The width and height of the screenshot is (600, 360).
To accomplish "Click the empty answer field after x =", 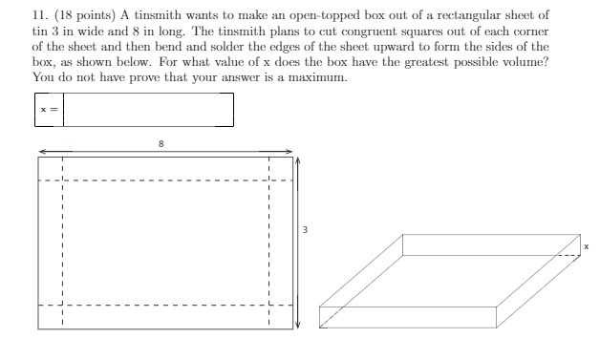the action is click(148, 110).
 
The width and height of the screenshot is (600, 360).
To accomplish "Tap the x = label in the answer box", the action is click(49, 110).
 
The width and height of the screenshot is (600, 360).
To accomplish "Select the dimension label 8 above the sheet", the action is click(161, 142).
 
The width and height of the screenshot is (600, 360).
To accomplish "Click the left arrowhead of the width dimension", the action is click(43, 151).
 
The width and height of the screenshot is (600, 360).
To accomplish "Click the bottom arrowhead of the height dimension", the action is click(297, 325).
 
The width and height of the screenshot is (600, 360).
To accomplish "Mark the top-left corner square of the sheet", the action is click(51, 169).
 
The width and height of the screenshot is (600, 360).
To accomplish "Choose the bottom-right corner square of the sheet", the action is click(280, 317).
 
